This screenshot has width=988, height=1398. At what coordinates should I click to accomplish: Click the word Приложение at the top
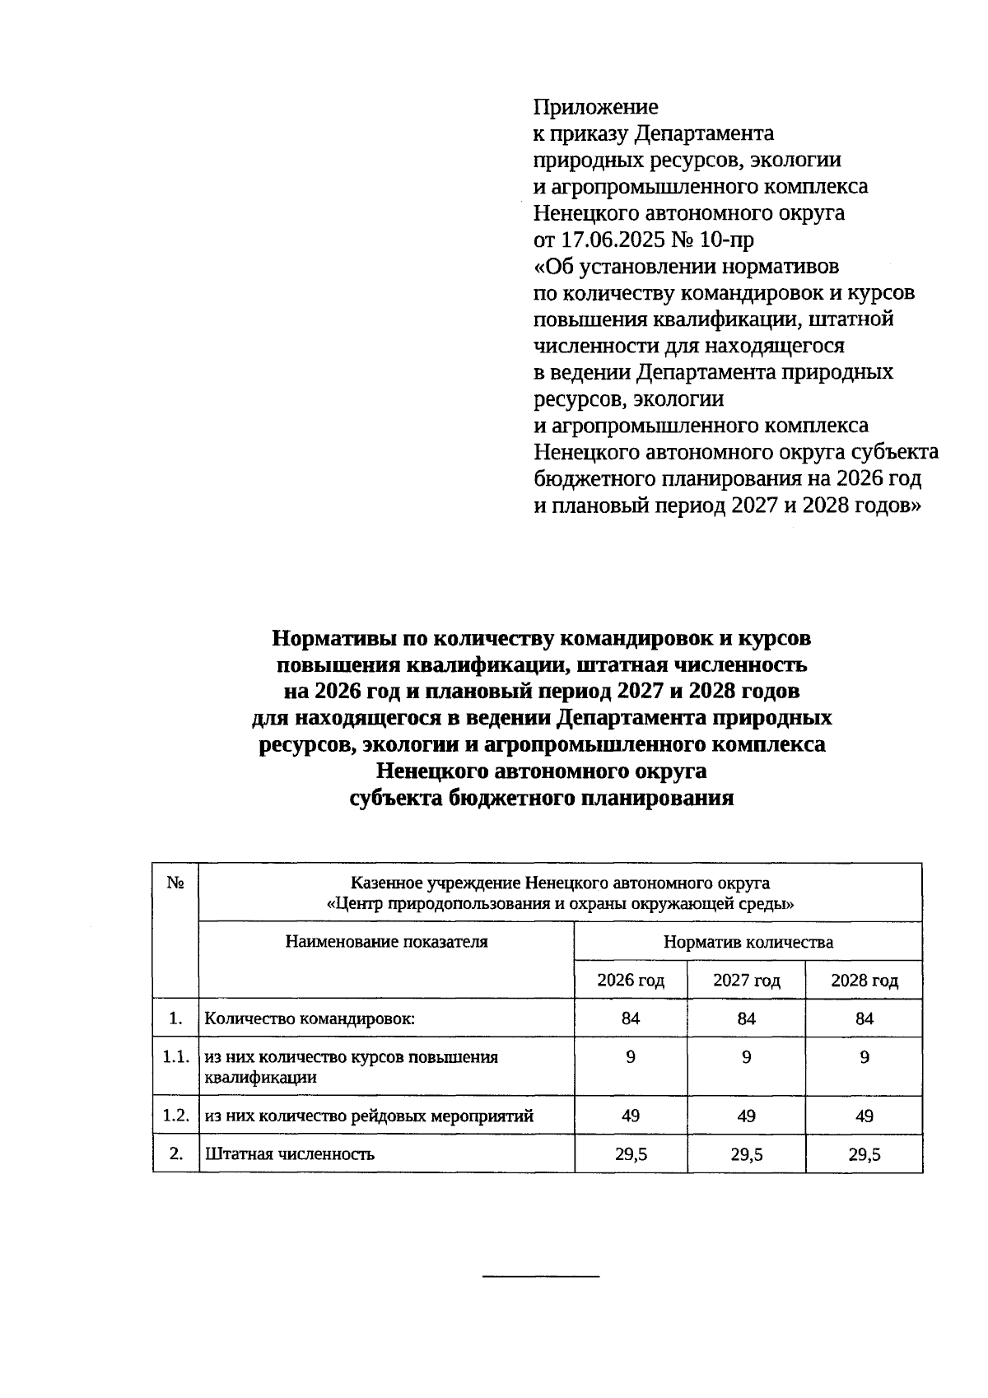595,107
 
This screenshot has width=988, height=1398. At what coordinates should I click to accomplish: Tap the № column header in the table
175,883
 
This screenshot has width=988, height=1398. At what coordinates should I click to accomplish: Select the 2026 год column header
631,981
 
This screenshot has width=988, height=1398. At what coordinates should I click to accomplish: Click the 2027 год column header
746,981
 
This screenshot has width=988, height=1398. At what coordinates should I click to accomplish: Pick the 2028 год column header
864,981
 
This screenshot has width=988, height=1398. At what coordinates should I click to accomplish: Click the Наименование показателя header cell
386,942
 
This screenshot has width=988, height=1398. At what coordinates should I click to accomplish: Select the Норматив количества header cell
748,942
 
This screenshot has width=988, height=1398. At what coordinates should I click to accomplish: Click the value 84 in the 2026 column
631,1018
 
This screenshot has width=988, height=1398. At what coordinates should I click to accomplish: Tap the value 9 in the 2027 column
746,1057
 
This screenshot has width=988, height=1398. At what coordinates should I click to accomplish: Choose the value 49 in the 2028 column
864,1116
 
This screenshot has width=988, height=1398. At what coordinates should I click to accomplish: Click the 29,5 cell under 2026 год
631,1154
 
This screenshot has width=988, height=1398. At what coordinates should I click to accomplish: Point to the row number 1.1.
175,1057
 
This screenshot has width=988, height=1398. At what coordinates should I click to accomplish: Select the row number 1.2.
175,1116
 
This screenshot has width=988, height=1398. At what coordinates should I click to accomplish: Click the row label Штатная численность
289,1154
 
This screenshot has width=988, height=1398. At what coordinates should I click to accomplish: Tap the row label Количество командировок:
310,1018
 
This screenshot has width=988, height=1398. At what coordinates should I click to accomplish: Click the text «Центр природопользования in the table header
428,904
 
